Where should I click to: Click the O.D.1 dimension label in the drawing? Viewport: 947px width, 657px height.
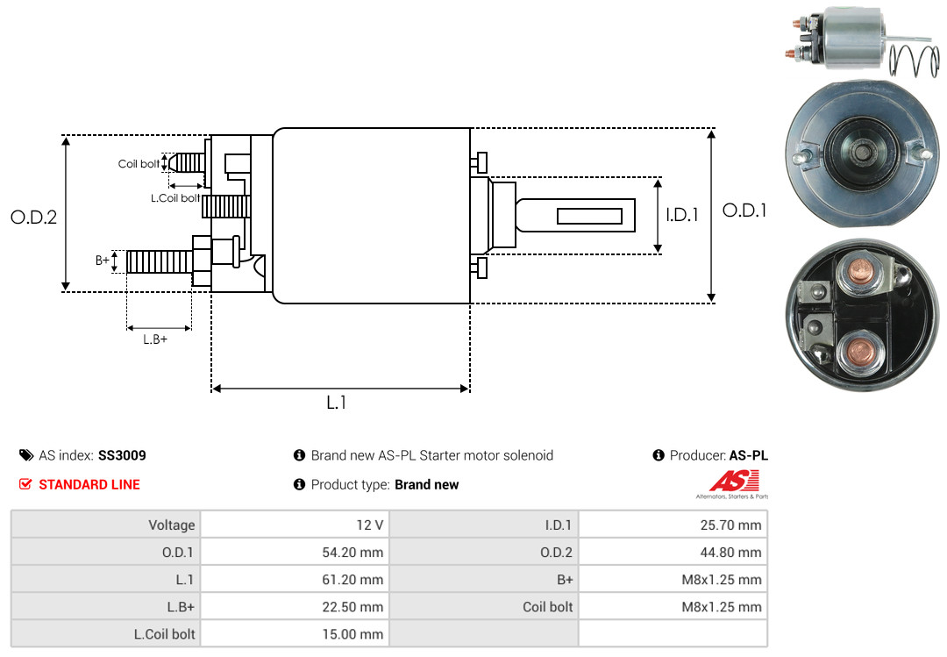744,211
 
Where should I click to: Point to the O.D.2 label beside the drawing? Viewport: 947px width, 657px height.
33,218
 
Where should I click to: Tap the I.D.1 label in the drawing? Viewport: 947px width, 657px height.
681,214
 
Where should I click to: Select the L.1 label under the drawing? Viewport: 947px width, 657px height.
338,403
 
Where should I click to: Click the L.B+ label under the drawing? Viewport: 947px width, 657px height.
155,339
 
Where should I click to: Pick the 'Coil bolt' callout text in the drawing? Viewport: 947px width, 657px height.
139,164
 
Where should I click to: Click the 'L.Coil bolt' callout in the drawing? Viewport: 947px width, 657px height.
174,198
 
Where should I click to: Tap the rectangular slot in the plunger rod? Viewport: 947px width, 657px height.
589,217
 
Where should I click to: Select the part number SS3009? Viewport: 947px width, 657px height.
122,455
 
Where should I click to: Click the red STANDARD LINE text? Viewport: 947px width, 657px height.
89,484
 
